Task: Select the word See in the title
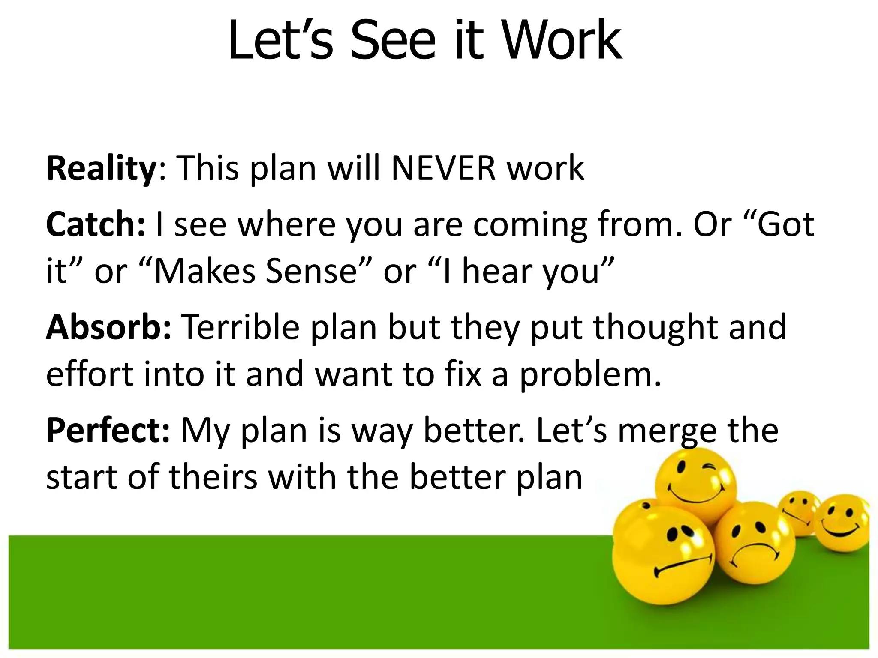393,41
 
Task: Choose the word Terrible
240,327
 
